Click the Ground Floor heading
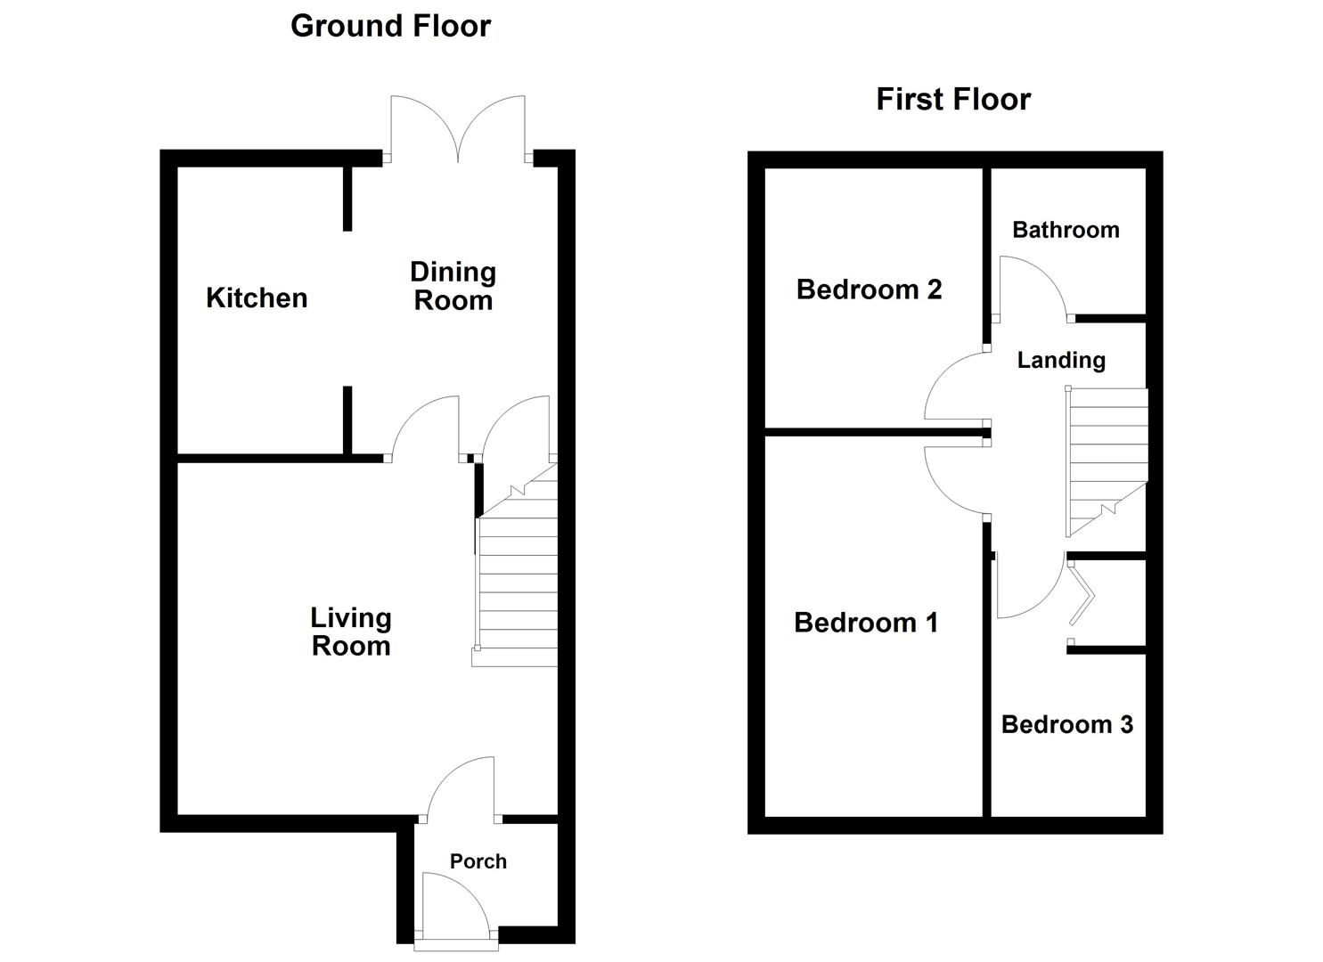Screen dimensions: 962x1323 390,26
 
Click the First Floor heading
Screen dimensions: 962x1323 953,99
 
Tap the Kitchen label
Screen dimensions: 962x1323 257,298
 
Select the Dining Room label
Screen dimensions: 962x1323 453,286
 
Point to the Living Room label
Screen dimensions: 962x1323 351,632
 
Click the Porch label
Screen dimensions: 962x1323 478,861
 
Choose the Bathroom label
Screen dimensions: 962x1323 1066,230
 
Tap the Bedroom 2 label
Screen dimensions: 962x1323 869,289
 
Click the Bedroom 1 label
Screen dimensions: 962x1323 866,623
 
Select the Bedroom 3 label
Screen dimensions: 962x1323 1066,724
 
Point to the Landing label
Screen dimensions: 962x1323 1061,360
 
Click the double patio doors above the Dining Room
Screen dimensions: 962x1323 458,129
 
